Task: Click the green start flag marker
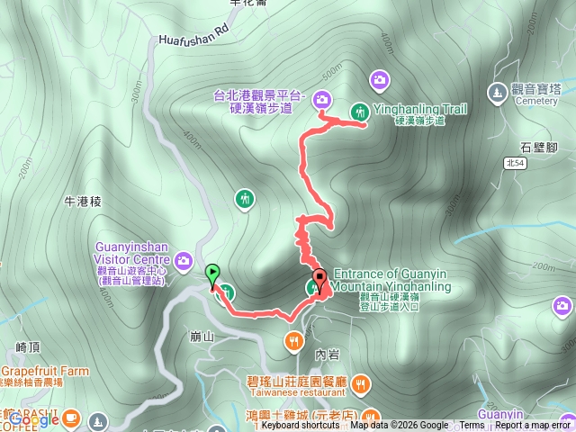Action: pyautogui.click(x=212, y=273)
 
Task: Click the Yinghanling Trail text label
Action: pyautogui.click(x=419, y=109)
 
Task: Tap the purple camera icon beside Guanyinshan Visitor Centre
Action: pyautogui.click(x=184, y=260)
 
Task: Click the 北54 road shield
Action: pyautogui.click(x=516, y=163)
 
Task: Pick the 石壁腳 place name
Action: pyautogui.click(x=538, y=147)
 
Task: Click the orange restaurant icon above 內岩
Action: pyautogui.click(x=294, y=340)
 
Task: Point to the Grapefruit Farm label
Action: pyautogui.click(x=45, y=371)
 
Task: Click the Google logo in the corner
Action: pyautogui.click(x=33, y=418)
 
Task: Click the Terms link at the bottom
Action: pyautogui.click(x=472, y=426)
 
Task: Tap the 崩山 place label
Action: pyautogui.click(x=202, y=337)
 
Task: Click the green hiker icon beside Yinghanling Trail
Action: pyautogui.click(x=360, y=111)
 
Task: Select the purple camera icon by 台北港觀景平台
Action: pyautogui.click(x=322, y=100)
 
